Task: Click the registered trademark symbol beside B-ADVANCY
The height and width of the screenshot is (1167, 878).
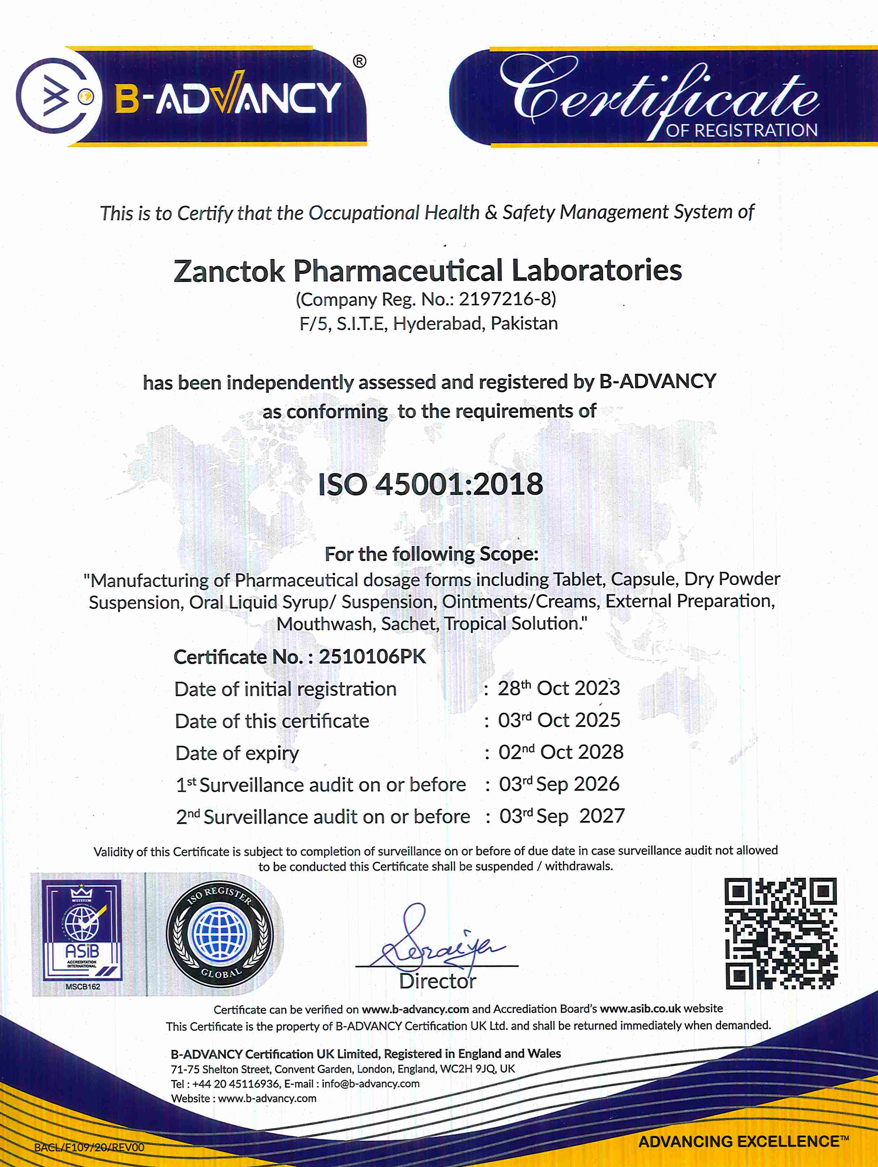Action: pos(359,62)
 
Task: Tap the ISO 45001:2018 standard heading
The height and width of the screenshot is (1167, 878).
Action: pos(430,484)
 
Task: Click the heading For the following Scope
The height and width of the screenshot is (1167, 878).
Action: pos(431,554)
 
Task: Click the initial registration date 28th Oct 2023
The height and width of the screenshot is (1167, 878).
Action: pos(559,688)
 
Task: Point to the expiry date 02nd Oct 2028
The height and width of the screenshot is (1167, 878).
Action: pos(561,752)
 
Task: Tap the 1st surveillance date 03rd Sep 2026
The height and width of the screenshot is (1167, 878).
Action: pos(559,785)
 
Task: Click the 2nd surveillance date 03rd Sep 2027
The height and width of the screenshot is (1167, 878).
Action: pos(561,816)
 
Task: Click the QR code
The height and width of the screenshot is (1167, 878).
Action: pos(780,934)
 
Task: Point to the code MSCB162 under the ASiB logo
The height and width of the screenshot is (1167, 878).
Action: pos(83,987)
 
